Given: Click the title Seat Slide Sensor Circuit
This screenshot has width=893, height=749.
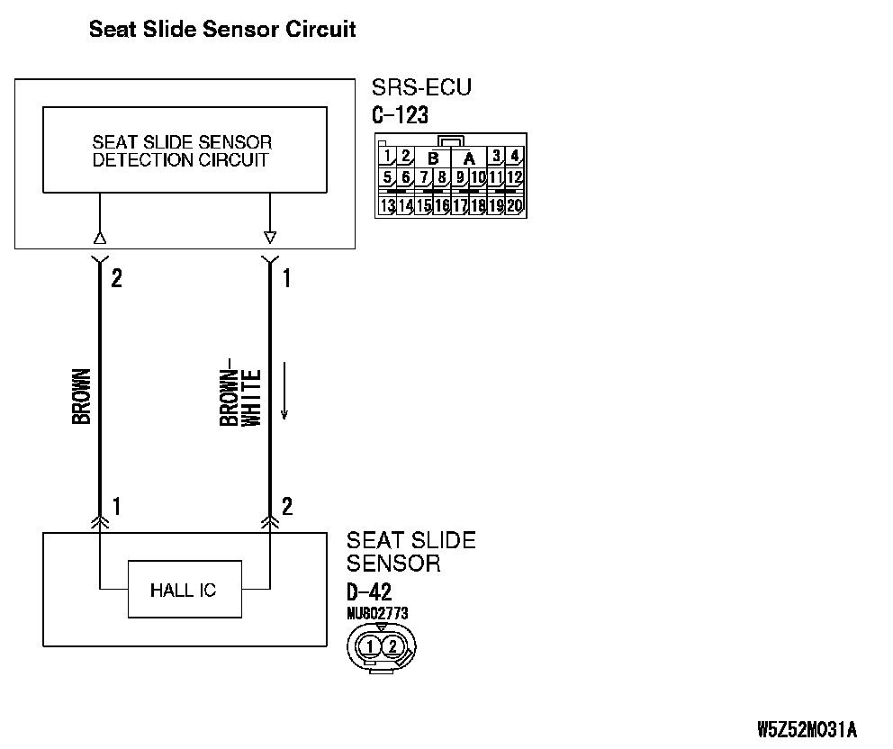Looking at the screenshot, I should (x=222, y=30).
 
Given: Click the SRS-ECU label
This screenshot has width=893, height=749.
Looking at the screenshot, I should (x=421, y=88).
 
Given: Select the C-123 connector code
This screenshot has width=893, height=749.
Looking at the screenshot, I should (x=400, y=115).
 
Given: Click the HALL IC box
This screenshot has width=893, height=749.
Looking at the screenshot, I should (x=184, y=591).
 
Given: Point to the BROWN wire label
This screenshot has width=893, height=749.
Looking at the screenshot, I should (x=81, y=396).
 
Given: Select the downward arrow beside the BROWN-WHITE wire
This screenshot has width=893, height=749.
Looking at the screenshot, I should (x=284, y=392).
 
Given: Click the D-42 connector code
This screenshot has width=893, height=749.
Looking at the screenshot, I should (x=369, y=592).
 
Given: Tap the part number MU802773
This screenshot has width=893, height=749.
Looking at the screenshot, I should (x=377, y=613).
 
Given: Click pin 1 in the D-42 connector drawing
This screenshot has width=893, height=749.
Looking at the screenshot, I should (x=370, y=645).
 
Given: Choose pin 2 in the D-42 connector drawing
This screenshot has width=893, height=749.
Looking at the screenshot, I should (x=392, y=645).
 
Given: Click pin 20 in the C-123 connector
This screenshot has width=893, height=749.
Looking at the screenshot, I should (x=515, y=205).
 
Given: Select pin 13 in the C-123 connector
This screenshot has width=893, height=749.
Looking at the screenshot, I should (x=387, y=205).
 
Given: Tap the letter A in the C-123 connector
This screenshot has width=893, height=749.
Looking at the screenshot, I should (x=469, y=158).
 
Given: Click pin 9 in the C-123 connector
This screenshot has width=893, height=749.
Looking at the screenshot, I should (x=460, y=177).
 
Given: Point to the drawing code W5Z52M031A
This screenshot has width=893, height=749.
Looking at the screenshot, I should (x=807, y=727).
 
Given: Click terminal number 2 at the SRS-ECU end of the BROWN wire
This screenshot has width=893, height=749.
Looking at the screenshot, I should (x=116, y=278).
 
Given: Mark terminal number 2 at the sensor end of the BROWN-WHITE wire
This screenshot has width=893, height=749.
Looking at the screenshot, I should (x=287, y=506).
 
